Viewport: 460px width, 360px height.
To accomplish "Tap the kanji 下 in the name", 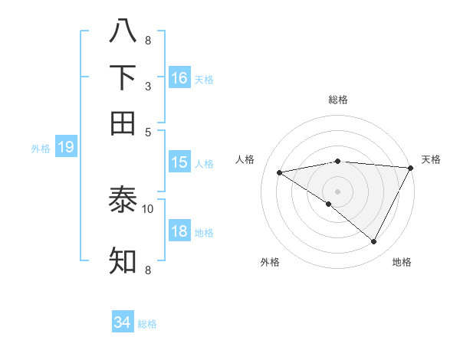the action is (x=123, y=77).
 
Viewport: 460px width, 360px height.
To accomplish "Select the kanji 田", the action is (x=123, y=123).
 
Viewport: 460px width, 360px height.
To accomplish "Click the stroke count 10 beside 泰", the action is (x=148, y=208).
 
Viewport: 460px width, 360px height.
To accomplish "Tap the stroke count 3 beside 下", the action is (x=148, y=87).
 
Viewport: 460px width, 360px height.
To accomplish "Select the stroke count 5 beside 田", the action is (x=148, y=133).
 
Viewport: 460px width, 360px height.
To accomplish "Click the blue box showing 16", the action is (x=179, y=77).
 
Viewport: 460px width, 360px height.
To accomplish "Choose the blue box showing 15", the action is (x=179, y=162).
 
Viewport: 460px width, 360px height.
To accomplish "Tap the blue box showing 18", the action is (x=179, y=231).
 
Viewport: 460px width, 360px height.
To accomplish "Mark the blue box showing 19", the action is (x=66, y=147).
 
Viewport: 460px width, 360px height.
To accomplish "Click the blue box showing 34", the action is (x=123, y=322).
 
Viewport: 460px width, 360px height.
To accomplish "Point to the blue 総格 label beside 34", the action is (x=147, y=324).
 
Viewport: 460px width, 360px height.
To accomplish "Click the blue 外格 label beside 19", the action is (x=41, y=149).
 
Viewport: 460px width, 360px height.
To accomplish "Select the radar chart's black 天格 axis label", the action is (x=431, y=159).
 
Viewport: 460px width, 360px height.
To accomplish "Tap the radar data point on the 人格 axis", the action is (x=280, y=172).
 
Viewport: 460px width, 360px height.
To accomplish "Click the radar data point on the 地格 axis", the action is (x=374, y=242).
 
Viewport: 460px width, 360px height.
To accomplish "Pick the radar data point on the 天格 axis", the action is (x=410, y=168).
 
